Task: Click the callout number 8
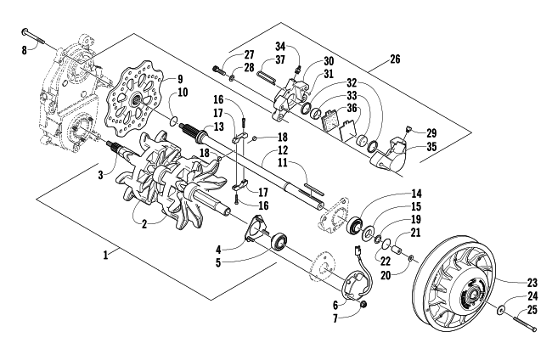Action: coord(24,50)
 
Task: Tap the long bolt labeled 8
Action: coord(33,37)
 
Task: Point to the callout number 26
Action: coord(395,59)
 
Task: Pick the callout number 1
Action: coord(105,255)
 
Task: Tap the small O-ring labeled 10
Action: coord(173,121)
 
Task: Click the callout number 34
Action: coord(280,46)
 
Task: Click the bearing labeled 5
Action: coord(279,241)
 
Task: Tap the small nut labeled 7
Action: coord(364,304)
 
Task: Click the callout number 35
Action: coord(431,146)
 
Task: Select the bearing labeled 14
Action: coord(355,226)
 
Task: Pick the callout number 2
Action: coord(144,224)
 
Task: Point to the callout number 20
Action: coord(386,275)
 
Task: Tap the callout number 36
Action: coord(352,108)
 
